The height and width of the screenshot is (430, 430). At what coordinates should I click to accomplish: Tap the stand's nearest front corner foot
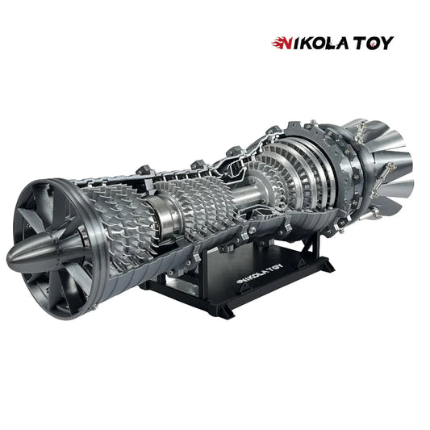(x=219, y=313)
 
